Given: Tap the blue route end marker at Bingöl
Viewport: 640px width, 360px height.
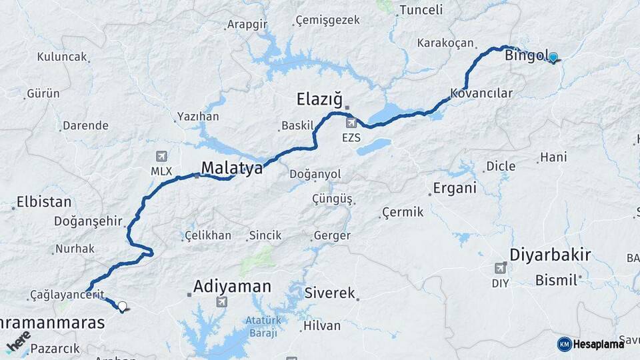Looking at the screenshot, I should point(553,58).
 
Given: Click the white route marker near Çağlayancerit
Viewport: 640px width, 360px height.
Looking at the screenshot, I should point(122,307).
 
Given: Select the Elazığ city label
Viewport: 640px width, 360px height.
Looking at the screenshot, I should point(319,101).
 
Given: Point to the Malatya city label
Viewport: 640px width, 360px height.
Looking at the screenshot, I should point(232,169).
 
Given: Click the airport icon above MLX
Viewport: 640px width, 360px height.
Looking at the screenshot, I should point(161,157).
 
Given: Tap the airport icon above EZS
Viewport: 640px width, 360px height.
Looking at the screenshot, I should point(351,123).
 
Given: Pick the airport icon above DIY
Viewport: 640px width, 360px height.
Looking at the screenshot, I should point(500,268).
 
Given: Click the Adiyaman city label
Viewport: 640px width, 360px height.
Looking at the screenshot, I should point(232,287).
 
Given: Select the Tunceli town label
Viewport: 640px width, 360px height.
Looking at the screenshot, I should point(420,10).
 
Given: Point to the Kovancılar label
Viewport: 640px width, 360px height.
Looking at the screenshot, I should point(481,93).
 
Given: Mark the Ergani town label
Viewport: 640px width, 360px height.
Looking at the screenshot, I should point(455,188).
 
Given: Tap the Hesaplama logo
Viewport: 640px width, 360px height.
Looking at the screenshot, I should point(591,344).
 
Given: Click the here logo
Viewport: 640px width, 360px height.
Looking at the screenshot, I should point(18,341).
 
